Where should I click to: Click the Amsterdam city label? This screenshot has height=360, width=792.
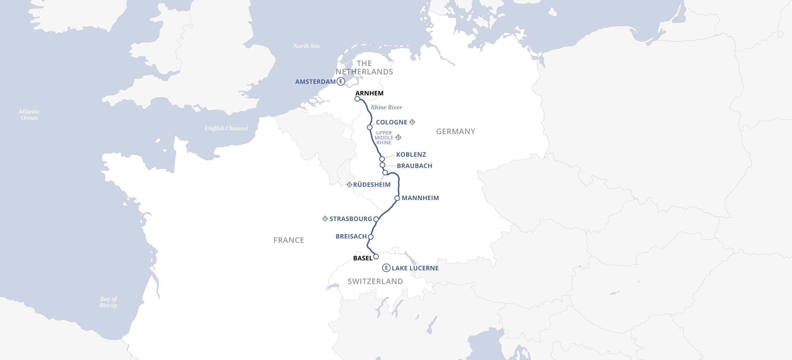pyautogui.click(x=315, y=82)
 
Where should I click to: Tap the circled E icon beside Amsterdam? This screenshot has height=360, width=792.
pyautogui.click(x=341, y=82)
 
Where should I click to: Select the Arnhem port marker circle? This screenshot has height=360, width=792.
pyautogui.click(x=357, y=99)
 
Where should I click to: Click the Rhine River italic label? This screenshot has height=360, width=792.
pyautogui.click(x=386, y=107)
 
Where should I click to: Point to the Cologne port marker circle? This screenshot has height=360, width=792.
pyautogui.click(x=370, y=128)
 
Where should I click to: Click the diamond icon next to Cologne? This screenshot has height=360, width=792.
pyautogui.click(x=412, y=122)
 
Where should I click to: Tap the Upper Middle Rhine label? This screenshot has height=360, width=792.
pyautogui.click(x=384, y=138)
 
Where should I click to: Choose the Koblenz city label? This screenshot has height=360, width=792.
pyautogui.click(x=411, y=155)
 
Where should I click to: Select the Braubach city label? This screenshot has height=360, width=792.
pyautogui.click(x=414, y=166)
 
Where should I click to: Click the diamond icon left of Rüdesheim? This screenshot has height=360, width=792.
pyautogui.click(x=349, y=185)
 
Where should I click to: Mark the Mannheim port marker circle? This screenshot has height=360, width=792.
pyautogui.click(x=397, y=198)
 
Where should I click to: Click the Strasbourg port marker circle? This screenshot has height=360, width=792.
pyautogui.click(x=376, y=219)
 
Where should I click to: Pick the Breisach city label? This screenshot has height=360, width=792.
pyautogui.click(x=351, y=237)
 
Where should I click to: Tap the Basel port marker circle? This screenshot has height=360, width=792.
pyautogui.click(x=376, y=257)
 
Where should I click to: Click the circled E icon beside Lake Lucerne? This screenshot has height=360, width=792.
pyautogui.click(x=386, y=268)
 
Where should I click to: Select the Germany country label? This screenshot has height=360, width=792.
pyautogui.click(x=455, y=132)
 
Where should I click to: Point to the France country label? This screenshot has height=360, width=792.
pyautogui.click(x=289, y=240)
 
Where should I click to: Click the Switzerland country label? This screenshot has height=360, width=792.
pyautogui.click(x=375, y=281)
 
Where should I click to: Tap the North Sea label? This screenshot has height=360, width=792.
pyautogui.click(x=306, y=46)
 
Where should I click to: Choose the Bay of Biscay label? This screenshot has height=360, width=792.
pyautogui.click(x=108, y=302)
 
